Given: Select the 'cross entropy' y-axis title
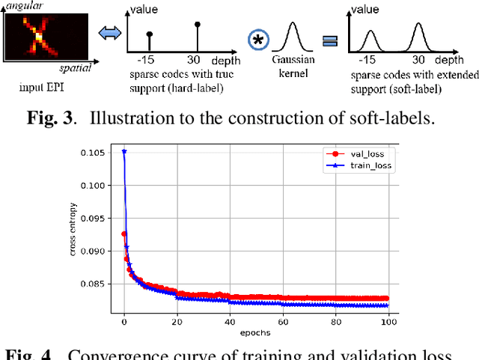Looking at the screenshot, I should pos(73,231).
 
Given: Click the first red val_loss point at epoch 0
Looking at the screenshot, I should pos(123,234).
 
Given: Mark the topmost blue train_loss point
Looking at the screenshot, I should pos(123,151).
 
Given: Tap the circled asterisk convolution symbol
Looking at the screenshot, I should pos(258,40).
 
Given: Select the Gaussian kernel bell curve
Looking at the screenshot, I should pos(295,36).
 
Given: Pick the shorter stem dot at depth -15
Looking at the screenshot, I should pos(150,35).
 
